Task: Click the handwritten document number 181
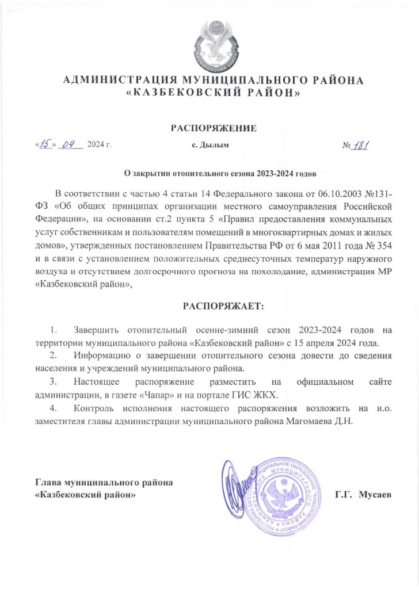pos(363,145)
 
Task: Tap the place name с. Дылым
pos(210,145)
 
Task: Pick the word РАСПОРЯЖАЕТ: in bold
pos(223,307)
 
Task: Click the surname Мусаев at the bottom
pos(375,494)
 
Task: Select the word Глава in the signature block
pos(48,482)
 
